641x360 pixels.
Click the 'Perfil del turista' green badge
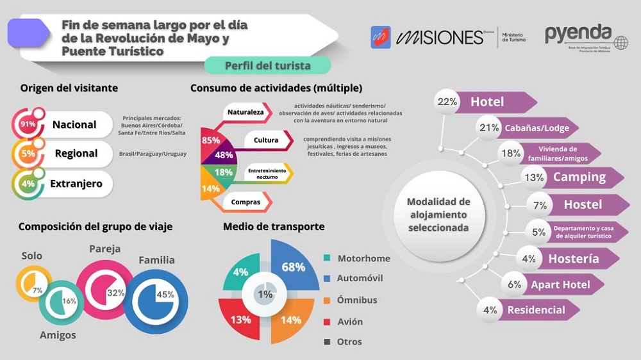coord(267,65)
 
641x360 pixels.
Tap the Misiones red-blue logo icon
coord(381,37)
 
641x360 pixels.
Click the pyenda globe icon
coord(620,43)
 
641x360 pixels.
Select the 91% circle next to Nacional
coord(28,124)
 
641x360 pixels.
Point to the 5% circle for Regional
coord(28,154)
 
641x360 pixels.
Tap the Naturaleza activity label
coord(246,113)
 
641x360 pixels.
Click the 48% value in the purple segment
coord(224,155)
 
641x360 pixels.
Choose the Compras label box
coord(246,202)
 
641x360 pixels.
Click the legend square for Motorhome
coord(328,258)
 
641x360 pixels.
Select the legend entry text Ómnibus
coord(357,300)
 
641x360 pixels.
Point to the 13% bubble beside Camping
coord(534,177)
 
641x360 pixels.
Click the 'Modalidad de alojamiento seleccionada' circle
coord(438,215)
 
